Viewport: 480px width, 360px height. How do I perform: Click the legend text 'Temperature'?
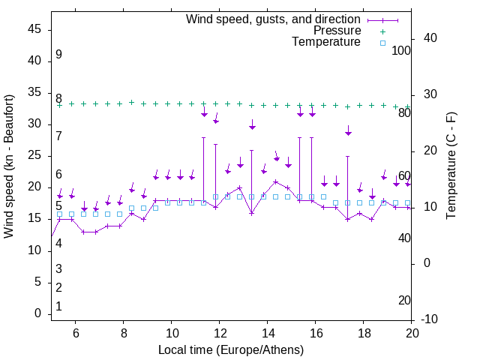(x=326, y=42)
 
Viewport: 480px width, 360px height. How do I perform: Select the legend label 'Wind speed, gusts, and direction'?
(x=274, y=19)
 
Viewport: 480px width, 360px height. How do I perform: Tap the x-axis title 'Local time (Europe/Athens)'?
(x=231, y=349)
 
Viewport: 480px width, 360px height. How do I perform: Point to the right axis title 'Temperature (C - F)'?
(x=451, y=166)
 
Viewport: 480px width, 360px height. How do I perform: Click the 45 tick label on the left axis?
(x=34, y=29)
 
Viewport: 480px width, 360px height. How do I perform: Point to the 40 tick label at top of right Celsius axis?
(x=430, y=38)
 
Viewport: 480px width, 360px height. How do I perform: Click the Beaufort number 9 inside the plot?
(x=58, y=55)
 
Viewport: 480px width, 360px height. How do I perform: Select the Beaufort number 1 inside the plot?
(x=58, y=306)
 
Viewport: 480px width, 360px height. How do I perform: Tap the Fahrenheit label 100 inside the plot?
(x=401, y=50)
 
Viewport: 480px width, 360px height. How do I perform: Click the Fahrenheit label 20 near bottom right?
(x=404, y=300)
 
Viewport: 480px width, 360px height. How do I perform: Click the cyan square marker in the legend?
(x=382, y=43)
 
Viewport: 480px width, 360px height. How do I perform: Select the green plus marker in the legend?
(x=382, y=31)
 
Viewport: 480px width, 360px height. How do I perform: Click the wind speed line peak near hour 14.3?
(x=275, y=181)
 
